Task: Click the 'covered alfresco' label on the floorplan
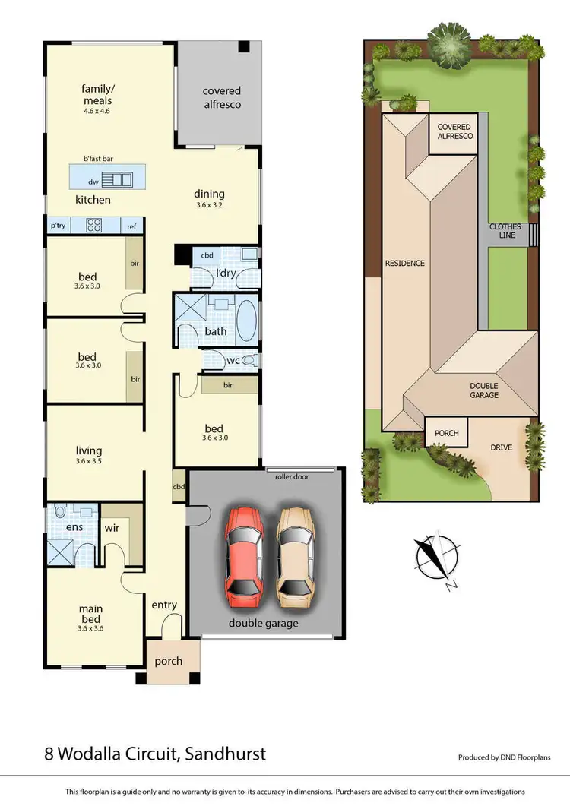click(x=221, y=97)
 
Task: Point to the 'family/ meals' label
click(x=97, y=95)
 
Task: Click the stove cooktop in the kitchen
click(x=95, y=225)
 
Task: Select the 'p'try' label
click(x=58, y=226)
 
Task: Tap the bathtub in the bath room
click(x=246, y=319)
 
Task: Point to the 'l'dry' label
click(x=225, y=272)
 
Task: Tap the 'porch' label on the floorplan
click(x=168, y=661)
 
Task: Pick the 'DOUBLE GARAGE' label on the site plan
click(x=483, y=390)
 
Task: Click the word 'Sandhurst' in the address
click(x=221, y=755)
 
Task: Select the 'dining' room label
click(x=210, y=194)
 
